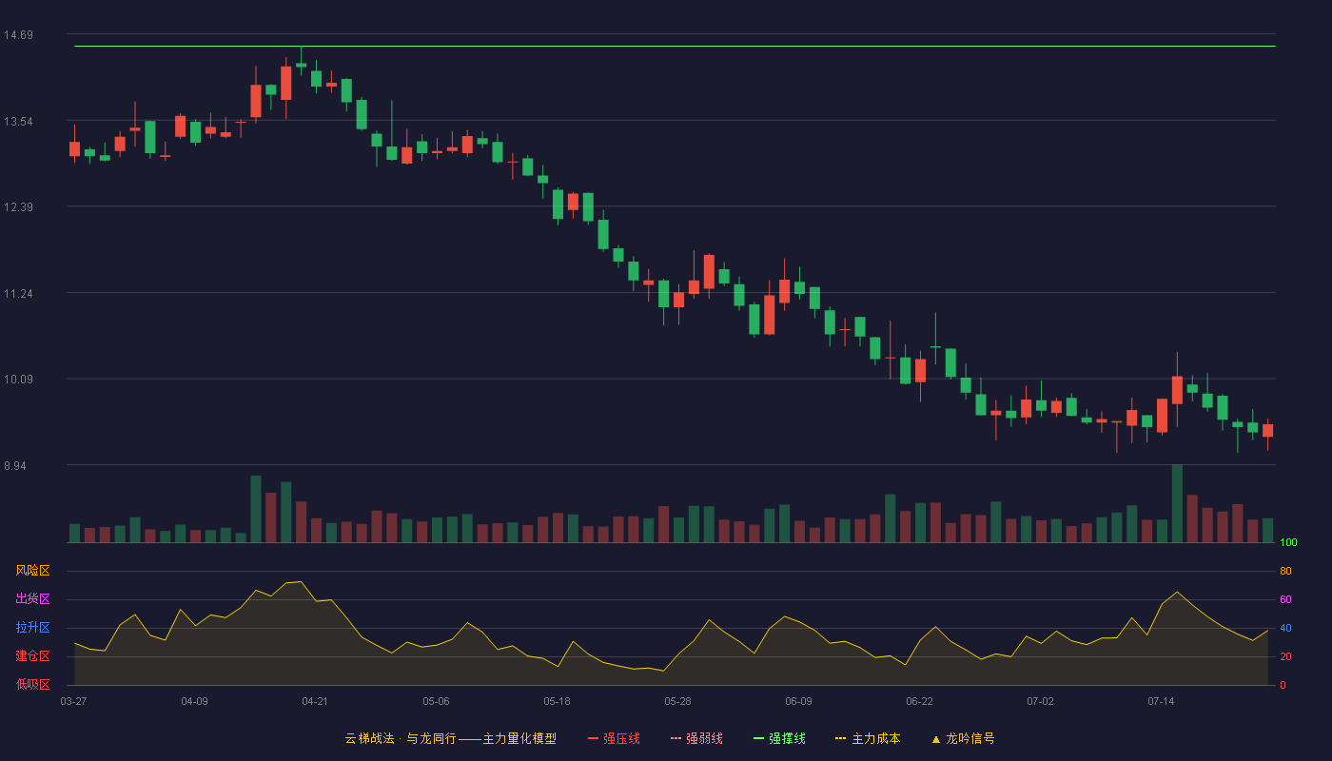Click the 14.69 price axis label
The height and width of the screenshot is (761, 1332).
pos(18,35)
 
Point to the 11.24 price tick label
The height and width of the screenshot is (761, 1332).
pos(18,294)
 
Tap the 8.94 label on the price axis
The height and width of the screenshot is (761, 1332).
pos(15,466)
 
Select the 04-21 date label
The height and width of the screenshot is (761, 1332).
pos(315,702)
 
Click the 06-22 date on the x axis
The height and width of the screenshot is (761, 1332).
pos(919,702)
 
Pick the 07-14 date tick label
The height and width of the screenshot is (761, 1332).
pos(1161,702)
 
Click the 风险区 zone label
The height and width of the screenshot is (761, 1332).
pos(32,571)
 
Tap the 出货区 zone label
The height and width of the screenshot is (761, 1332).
pos(32,599)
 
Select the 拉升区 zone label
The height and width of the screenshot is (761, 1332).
pos(32,628)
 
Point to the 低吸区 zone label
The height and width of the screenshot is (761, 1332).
pos(32,685)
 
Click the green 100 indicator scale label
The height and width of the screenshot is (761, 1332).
pos(1288,542)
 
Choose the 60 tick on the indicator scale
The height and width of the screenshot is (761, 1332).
pos(1285,599)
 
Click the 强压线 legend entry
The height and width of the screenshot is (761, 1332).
pos(614,739)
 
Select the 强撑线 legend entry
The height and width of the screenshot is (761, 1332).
pos(779,739)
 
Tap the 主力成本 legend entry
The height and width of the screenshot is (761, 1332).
pos(868,739)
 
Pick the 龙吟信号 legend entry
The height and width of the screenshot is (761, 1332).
pos(963,739)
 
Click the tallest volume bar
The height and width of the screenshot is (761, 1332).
pos(1177,503)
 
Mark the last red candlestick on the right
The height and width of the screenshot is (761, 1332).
pos(1267,430)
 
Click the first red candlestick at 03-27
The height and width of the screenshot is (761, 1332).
pos(74,148)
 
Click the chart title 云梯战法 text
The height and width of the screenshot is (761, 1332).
pos(369,739)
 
